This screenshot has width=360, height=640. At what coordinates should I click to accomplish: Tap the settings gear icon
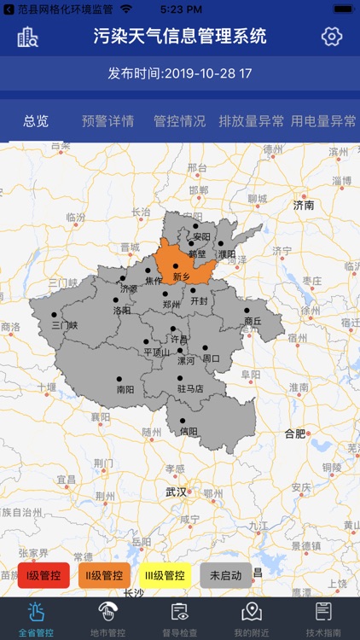coord(331,37)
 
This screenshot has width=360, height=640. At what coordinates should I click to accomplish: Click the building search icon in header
coord(28,37)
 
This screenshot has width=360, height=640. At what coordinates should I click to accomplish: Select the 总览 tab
coord(36,121)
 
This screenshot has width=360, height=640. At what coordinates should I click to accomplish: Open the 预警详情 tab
coord(107,121)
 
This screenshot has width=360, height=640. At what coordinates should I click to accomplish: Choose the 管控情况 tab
coord(179,121)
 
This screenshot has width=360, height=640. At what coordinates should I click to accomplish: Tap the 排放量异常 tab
coord(252,121)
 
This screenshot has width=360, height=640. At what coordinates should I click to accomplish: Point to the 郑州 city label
coord(171,304)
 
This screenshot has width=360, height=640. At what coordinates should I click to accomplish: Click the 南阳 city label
coord(125,389)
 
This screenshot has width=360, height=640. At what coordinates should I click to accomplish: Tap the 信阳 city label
coord(189,431)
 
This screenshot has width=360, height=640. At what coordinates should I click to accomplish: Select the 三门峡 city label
coord(64,325)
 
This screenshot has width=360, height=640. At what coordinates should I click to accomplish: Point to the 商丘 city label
coord(253,321)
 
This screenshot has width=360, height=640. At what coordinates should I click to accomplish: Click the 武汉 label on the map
coord(177,492)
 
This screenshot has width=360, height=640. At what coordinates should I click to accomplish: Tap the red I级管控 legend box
coord(44,575)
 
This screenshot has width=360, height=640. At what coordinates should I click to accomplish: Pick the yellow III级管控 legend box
coord(163,575)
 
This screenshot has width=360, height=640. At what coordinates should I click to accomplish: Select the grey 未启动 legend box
coord(226,575)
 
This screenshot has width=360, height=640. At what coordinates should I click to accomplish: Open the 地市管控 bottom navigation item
coord(107,618)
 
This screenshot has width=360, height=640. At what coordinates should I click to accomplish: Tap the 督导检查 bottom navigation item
coord(179,618)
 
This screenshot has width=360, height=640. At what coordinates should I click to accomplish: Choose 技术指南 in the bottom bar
coord(323,618)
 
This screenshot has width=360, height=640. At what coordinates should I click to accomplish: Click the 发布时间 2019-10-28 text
coord(179,73)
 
